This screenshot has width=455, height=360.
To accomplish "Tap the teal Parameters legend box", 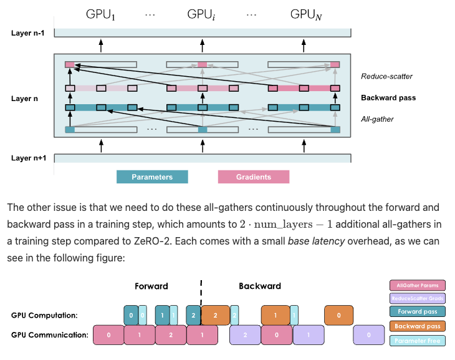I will (152, 177).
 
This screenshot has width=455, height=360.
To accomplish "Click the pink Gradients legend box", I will (253, 177).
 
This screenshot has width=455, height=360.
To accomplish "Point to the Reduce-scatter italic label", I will (386, 77).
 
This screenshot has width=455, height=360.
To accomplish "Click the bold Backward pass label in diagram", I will (388, 98).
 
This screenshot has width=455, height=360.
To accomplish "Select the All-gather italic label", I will (378, 118).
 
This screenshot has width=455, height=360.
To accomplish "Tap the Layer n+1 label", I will (29, 158).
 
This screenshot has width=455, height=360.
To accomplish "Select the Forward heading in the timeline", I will (151, 286).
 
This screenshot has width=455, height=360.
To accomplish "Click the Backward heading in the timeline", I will (260, 286).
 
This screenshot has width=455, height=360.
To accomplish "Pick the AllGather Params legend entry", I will (417, 285).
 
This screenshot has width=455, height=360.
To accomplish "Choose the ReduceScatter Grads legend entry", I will (417, 299).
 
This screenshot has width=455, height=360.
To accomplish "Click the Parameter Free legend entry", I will (417, 340).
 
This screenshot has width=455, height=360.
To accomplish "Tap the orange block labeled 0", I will (338, 316).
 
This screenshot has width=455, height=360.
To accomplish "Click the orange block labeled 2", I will (216, 316).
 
